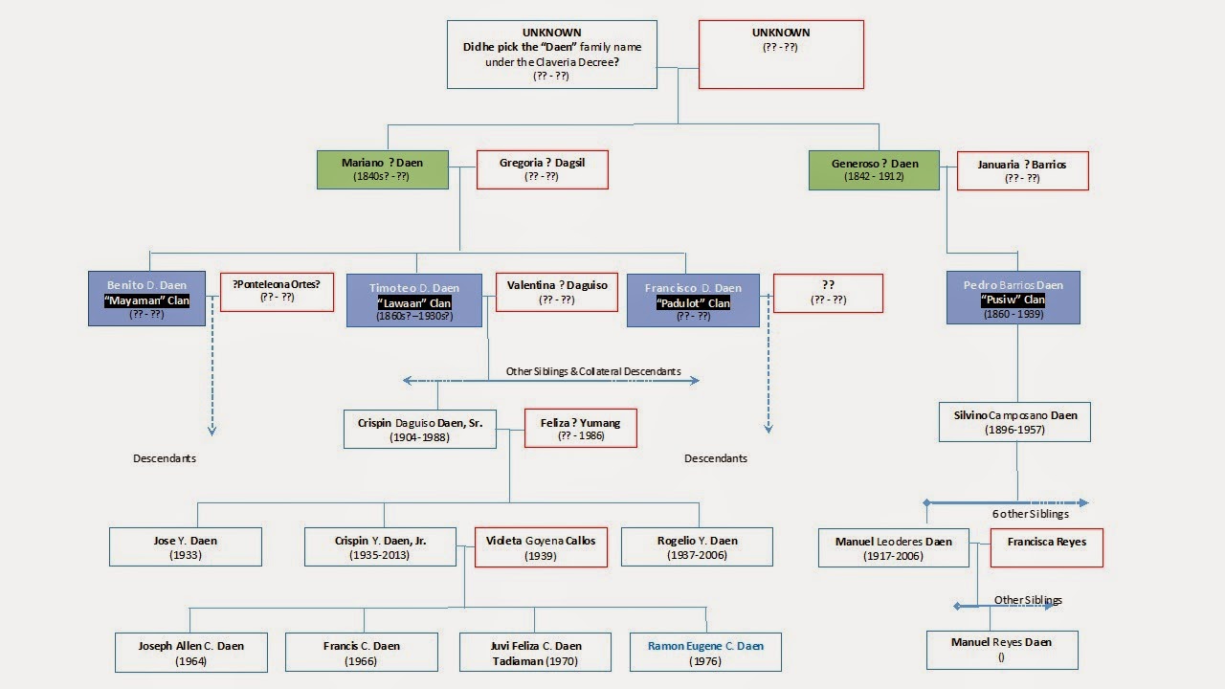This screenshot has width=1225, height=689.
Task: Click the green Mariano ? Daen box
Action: coord(382,169)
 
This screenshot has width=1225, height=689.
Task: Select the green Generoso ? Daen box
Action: coord(873,169)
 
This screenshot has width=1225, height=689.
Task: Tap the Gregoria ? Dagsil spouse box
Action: coord(542,169)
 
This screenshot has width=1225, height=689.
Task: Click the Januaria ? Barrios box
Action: coord(1022,170)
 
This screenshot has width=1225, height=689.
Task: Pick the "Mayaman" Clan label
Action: coord(146,300)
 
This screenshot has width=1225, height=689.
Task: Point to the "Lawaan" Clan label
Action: coord(413,303)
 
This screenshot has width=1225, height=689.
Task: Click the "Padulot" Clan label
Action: coord(693,303)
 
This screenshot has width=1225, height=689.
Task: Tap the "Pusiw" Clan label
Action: coord(1013,300)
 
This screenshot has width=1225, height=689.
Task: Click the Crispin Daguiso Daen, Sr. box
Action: coord(419,430)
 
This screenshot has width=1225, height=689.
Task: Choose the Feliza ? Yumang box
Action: coord(580,429)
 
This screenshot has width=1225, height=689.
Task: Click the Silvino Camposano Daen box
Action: coord(1014,422)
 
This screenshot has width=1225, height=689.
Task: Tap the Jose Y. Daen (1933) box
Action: coord(185,547)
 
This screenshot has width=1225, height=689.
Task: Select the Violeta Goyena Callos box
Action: coord(541,547)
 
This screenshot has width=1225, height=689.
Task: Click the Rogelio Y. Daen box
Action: coord(697,547)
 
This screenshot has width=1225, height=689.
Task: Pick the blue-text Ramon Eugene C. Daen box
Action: coord(705,652)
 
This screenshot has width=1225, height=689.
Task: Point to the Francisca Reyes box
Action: coord(1046,548)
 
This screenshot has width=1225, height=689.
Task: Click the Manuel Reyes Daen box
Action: coord(1001,650)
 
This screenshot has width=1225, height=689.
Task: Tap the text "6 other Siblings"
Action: coord(1030,514)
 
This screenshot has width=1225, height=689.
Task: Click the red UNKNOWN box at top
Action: coord(781,55)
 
